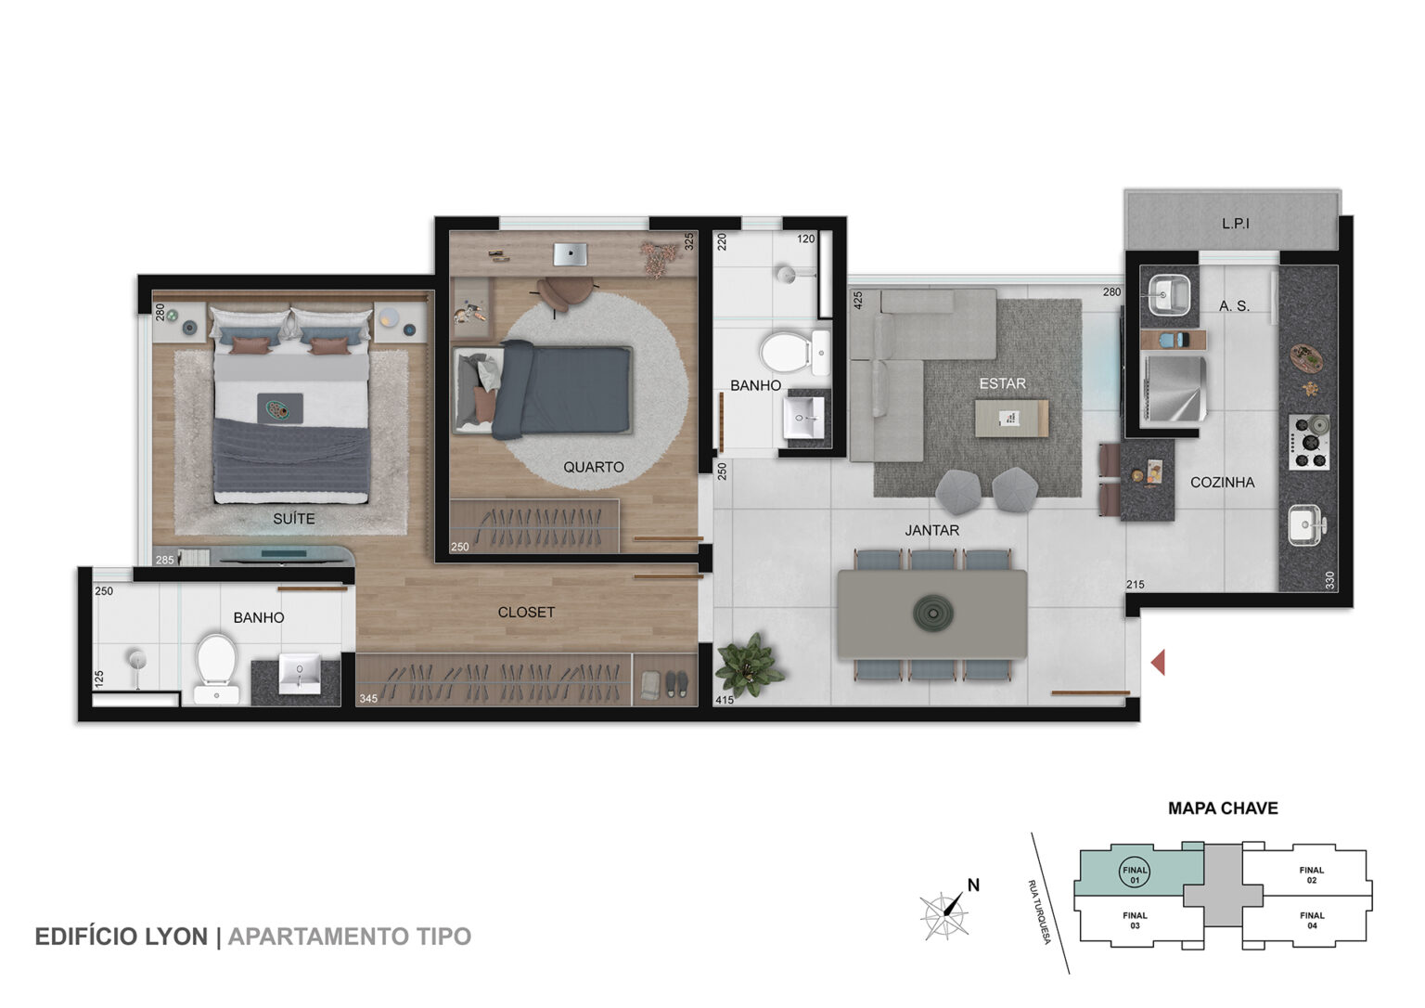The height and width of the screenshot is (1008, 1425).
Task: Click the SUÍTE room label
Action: click(294, 519)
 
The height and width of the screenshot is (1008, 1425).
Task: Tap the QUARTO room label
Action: click(593, 467)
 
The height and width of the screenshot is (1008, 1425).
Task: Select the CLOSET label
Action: click(526, 613)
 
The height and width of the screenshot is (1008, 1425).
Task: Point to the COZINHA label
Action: click(1222, 483)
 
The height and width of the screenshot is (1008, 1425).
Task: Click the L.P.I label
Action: click(1236, 224)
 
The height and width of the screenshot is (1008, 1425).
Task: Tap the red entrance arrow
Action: click(1158, 663)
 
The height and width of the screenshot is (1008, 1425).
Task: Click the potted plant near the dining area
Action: click(750, 666)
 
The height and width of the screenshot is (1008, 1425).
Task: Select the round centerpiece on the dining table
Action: click(933, 614)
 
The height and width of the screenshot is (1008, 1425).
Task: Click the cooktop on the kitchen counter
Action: click(1309, 442)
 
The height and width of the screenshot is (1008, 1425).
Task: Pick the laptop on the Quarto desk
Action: click(570, 254)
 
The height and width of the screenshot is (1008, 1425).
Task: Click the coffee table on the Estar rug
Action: click(1011, 418)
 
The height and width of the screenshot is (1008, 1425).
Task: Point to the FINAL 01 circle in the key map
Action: click(1135, 874)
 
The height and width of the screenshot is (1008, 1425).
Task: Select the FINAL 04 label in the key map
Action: click(1312, 920)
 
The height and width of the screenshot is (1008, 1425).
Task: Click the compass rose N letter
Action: click(973, 885)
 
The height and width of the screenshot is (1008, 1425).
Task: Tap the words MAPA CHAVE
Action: click(1223, 808)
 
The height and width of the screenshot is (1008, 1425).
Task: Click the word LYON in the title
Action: click(177, 937)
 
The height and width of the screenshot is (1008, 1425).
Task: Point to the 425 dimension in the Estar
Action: click(857, 301)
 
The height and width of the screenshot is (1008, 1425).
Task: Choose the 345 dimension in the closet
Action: click(368, 699)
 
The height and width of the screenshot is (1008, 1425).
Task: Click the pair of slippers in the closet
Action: click(676, 683)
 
